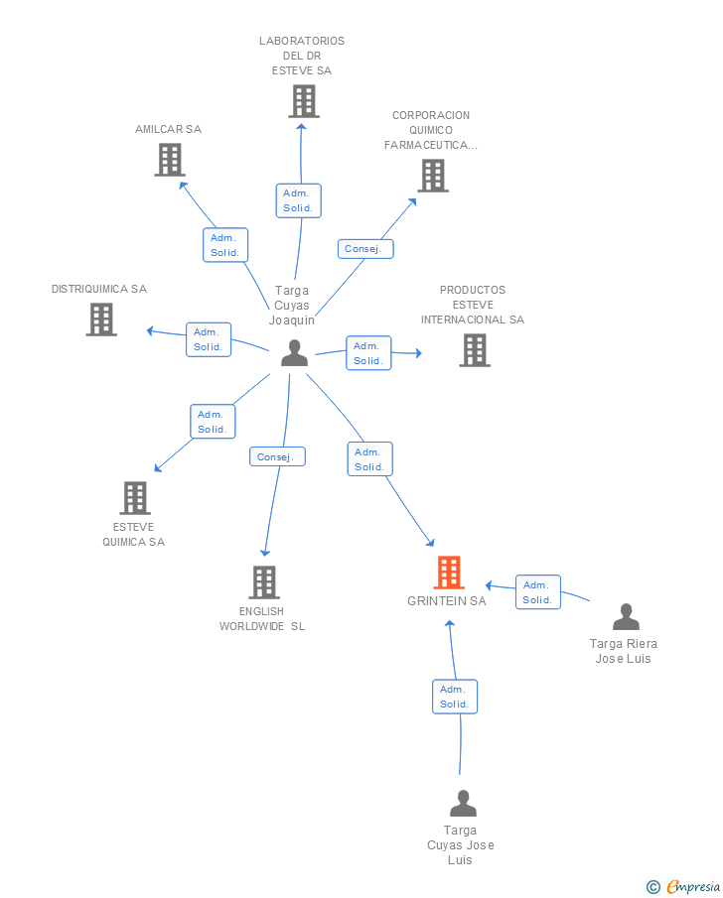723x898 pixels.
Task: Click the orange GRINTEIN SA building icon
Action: click(449, 573)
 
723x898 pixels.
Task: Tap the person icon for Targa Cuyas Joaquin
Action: click(295, 353)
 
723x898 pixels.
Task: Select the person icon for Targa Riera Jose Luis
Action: click(626, 617)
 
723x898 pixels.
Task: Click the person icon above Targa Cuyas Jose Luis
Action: click(463, 804)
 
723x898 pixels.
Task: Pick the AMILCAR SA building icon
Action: click(170, 159)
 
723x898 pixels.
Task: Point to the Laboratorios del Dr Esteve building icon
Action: click(304, 101)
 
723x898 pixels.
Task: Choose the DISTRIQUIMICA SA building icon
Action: click(101, 319)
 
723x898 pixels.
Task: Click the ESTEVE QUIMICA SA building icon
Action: click(135, 498)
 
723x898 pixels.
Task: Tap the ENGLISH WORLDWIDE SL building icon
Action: click(264, 582)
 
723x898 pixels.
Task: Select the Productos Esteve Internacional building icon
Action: click(475, 350)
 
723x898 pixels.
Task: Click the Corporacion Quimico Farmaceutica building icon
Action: click(433, 176)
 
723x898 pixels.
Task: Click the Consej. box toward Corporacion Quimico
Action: click(365, 249)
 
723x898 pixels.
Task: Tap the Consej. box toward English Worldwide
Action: click(277, 456)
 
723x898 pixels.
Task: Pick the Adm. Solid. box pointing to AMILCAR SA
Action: click(225, 245)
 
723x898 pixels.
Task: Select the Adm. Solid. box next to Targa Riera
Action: click(538, 592)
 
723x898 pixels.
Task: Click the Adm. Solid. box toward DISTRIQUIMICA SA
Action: click(209, 339)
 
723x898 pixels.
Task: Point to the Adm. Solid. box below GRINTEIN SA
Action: click(455, 697)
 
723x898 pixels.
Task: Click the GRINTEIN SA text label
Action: click(447, 600)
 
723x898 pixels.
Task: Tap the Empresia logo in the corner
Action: click(683, 886)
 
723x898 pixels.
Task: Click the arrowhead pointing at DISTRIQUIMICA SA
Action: click(151, 331)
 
